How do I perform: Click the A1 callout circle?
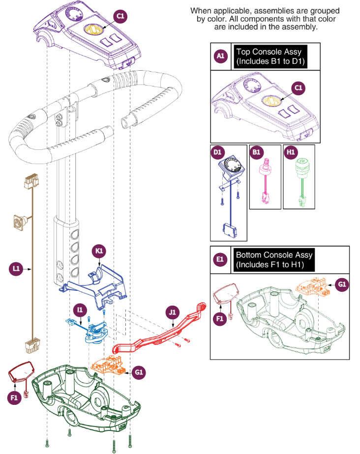point(220,56)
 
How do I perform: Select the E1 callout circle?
point(220,259)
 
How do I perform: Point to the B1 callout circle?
point(256,152)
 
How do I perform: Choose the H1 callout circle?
point(290,152)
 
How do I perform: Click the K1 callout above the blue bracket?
point(99,252)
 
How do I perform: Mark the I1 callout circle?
point(79,310)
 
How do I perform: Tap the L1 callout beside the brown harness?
point(16,268)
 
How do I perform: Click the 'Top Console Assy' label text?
point(269,52)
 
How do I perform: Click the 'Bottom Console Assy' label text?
point(274,255)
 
